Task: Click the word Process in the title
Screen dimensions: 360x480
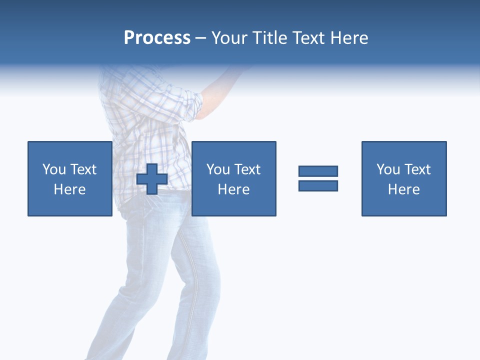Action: [157, 38]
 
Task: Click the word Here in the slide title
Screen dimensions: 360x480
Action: [350, 38]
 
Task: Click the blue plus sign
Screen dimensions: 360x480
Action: [152, 179]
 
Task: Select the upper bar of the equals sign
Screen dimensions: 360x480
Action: [318, 171]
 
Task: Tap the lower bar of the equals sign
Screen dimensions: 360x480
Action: [318, 185]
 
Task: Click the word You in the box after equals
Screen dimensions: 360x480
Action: [388, 169]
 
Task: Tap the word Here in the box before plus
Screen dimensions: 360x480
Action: [70, 189]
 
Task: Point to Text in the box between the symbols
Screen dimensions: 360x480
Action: [247, 169]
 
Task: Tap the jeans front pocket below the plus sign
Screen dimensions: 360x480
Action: [150, 205]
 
